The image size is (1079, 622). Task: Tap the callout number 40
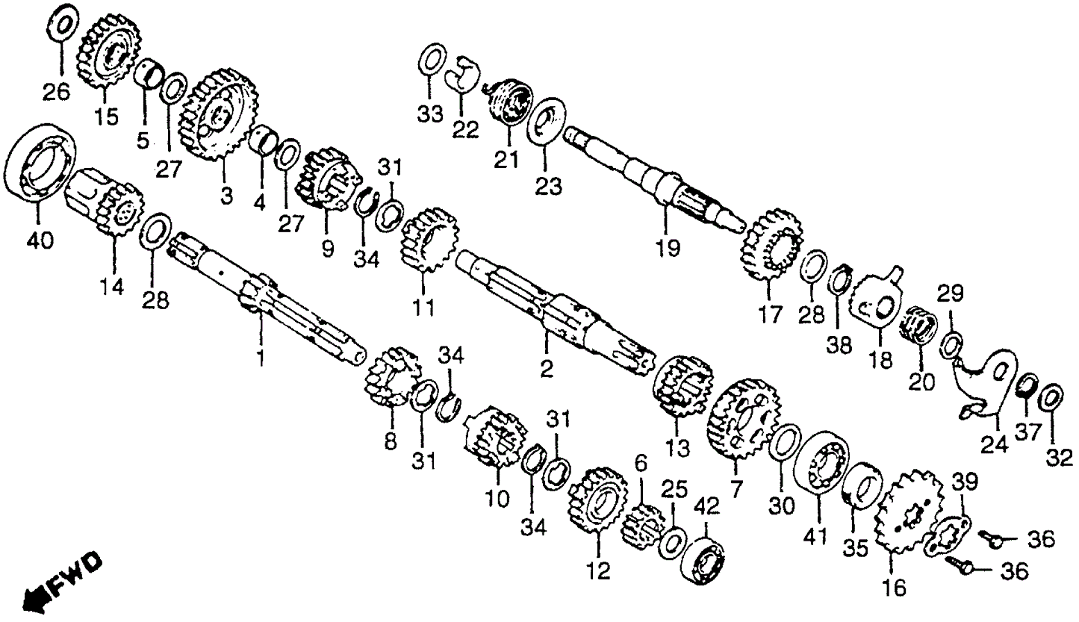[x=40, y=240]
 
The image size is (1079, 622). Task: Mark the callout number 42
[x=707, y=507]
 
